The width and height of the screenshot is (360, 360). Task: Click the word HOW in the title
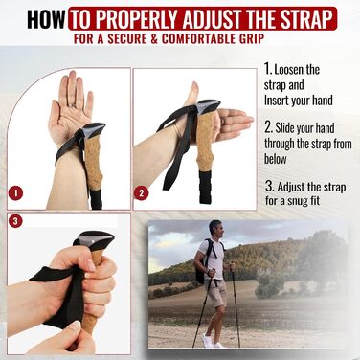click(46, 19)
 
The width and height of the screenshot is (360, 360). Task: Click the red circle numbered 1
click(15, 193)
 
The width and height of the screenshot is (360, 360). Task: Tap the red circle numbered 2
click(142, 193)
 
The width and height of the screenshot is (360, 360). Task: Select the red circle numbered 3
click(15, 220)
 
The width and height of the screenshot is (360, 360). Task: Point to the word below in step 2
click(276, 159)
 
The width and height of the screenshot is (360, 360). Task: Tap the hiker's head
click(215, 229)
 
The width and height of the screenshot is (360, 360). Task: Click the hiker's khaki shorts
click(216, 292)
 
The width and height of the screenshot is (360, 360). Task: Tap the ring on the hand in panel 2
click(223, 122)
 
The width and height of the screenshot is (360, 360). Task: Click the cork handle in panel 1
click(93, 163)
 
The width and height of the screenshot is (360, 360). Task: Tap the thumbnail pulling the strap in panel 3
click(75, 325)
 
